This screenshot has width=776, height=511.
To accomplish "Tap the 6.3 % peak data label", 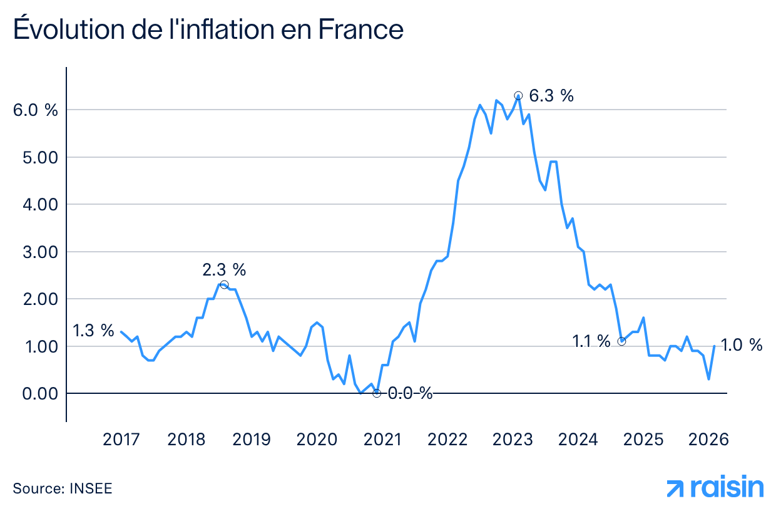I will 551,96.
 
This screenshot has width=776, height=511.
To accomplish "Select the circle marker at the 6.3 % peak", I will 518,96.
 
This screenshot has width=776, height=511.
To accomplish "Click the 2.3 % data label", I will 224,270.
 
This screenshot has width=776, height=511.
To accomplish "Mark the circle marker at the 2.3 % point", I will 224,285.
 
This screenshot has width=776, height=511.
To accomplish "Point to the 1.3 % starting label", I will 93,330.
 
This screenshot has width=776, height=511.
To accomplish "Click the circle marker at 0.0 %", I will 377,393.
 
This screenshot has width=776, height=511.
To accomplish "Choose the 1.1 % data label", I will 591,341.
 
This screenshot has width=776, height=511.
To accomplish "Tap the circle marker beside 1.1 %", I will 621,341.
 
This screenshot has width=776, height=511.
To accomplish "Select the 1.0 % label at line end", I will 742,345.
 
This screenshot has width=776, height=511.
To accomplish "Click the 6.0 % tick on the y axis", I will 35,110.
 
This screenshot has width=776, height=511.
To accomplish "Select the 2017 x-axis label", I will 121,440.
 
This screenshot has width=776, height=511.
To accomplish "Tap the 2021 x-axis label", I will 382,440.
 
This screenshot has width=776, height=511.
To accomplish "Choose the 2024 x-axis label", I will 578,440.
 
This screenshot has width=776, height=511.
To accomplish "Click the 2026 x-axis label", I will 709,440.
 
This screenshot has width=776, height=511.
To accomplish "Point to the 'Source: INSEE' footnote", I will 63,488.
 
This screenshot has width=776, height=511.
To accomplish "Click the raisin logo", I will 715,488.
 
